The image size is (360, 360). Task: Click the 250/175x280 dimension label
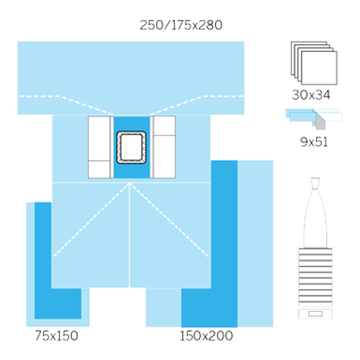(x=181, y=25)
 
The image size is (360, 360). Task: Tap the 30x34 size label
(x=311, y=94)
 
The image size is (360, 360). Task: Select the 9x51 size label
(x=314, y=142)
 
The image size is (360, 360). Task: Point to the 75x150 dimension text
(x=57, y=335)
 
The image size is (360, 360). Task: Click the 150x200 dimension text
(x=206, y=335)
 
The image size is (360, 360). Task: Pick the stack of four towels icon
(x=314, y=63)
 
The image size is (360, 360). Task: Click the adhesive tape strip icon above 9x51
(x=314, y=118)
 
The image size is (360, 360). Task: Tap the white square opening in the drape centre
(x=131, y=147)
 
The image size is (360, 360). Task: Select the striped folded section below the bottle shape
(x=315, y=278)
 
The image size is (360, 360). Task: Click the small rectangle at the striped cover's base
(x=315, y=314)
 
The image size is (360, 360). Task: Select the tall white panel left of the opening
(x=99, y=138)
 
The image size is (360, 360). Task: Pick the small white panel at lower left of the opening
(x=99, y=170)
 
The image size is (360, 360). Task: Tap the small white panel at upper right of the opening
(x=165, y=126)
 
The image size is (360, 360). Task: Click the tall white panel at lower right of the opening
(x=165, y=157)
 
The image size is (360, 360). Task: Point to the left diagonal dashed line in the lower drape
(x=91, y=220)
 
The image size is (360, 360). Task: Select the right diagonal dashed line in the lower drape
(x=169, y=220)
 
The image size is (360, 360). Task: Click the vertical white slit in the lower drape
(x=130, y=235)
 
